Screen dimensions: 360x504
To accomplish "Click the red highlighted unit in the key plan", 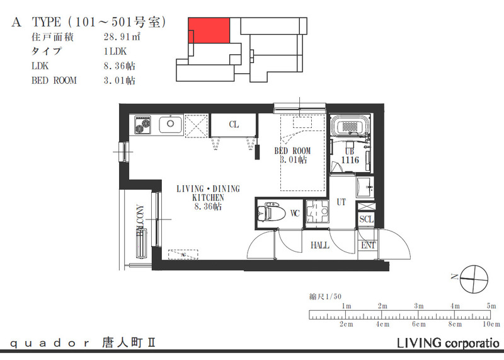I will coord(209,30).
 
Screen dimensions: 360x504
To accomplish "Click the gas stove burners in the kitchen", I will coord(141,125).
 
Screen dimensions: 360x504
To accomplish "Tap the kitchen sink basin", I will coord(169,125).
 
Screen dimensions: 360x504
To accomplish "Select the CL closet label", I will coord(234,125).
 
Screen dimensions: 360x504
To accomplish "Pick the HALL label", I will coord(320,245).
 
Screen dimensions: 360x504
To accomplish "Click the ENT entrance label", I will coord(367,245).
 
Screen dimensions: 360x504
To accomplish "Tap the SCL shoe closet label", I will coord(366,219).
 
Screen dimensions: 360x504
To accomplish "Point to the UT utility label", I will coord(341,202).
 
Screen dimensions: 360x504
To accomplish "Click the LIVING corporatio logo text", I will coord(448,344).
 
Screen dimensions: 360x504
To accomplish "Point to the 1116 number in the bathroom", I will coord(350,161).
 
